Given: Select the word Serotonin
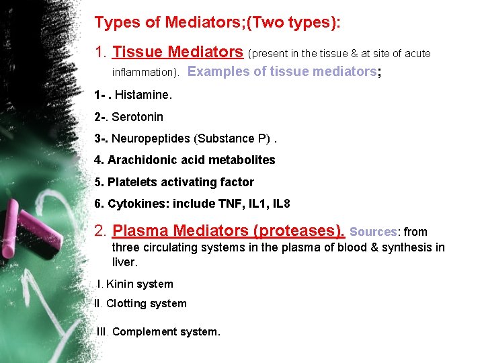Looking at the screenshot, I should pos(137,117).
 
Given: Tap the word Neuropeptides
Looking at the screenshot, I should pos(151,138).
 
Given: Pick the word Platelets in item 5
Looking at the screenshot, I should pos(130,182).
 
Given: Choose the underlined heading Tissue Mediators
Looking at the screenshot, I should pos(177,52).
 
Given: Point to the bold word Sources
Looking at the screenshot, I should pos(373,231).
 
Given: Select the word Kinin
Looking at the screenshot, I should pos(120,284).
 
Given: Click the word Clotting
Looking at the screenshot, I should pos(127,304).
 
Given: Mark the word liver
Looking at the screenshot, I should pos(124,262).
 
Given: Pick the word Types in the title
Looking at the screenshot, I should pos(118,22).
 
